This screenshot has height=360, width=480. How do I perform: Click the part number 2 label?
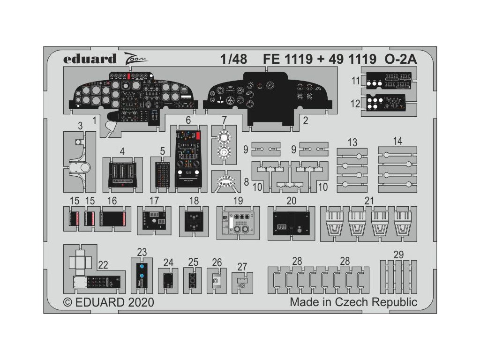click(x=305, y=120)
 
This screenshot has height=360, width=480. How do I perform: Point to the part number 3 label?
click(x=80, y=125)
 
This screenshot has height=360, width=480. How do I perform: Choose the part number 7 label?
click(x=225, y=120)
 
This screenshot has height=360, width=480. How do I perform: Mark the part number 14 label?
click(x=397, y=141)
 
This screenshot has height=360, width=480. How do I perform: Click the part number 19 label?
click(x=238, y=201)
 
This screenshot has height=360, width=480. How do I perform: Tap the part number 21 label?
click(x=369, y=201)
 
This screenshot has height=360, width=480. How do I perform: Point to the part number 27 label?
click(x=242, y=267)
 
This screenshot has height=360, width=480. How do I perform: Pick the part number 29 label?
click(x=398, y=255)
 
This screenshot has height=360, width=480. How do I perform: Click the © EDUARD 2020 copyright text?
click(x=108, y=302)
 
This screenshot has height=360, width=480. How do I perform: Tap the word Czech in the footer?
click(x=352, y=302)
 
